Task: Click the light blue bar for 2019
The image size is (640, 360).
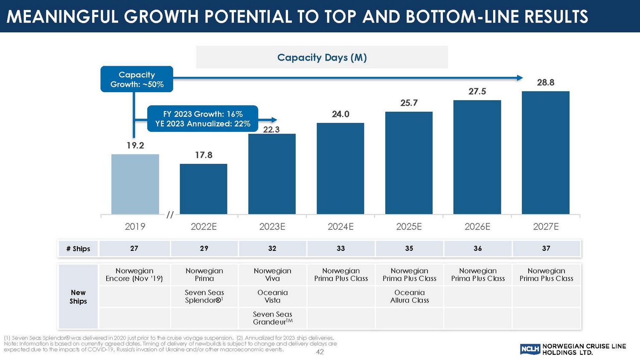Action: (135, 184)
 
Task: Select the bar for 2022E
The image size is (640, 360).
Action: (204, 189)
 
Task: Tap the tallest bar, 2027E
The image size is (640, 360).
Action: (545, 152)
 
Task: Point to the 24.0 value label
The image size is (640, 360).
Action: (340, 114)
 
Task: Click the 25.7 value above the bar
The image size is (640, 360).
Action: (409, 103)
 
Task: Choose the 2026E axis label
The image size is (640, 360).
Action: (477, 227)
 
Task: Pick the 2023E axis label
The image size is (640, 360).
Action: (272, 227)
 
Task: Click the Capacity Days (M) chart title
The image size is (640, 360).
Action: (322, 58)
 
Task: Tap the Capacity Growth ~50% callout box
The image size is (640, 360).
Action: (137, 79)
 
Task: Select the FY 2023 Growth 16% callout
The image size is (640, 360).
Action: (203, 119)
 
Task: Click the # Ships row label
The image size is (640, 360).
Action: (78, 249)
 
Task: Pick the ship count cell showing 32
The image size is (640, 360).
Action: (272, 248)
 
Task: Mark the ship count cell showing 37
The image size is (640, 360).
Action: (546, 248)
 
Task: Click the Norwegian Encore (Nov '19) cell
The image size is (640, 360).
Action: (134, 275)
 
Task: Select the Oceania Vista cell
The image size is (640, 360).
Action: (273, 296)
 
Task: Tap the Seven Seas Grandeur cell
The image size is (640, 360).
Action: (273, 318)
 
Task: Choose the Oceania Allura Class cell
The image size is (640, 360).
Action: (410, 296)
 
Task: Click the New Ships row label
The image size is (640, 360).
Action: (78, 297)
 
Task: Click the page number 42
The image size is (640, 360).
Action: (320, 352)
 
